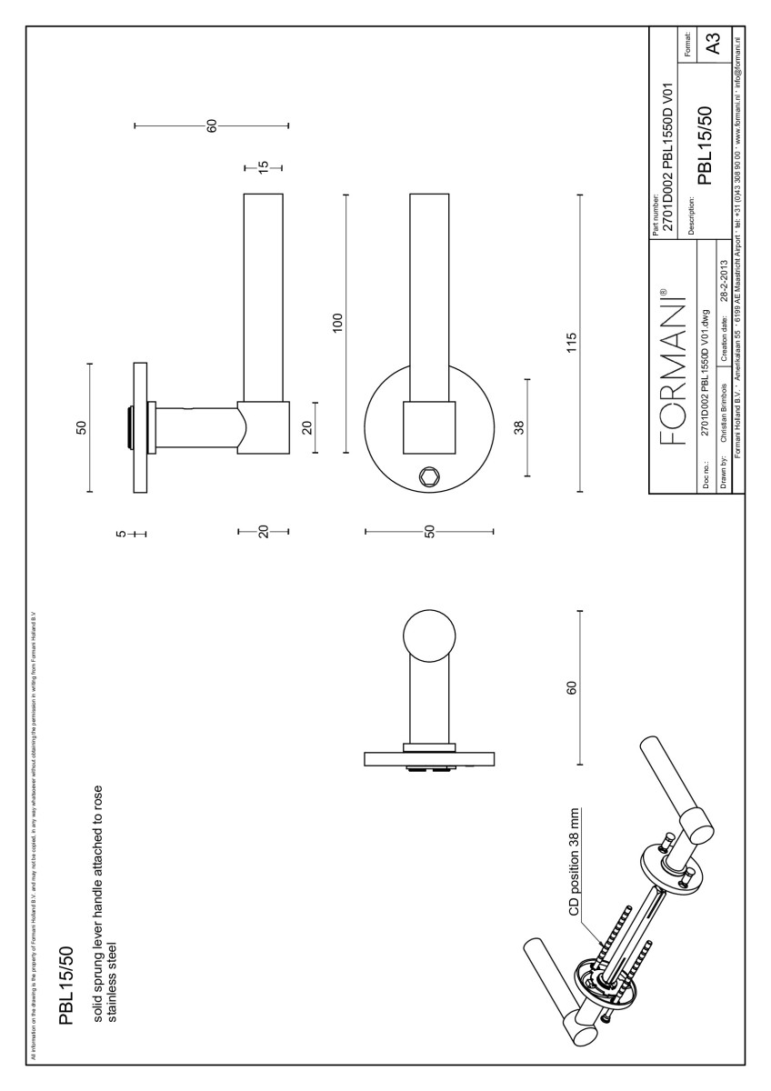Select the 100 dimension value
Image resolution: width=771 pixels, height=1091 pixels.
pos(338,323)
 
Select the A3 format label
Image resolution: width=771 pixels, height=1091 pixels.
pos(714,43)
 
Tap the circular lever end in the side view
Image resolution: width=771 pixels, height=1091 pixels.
pos(428,637)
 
